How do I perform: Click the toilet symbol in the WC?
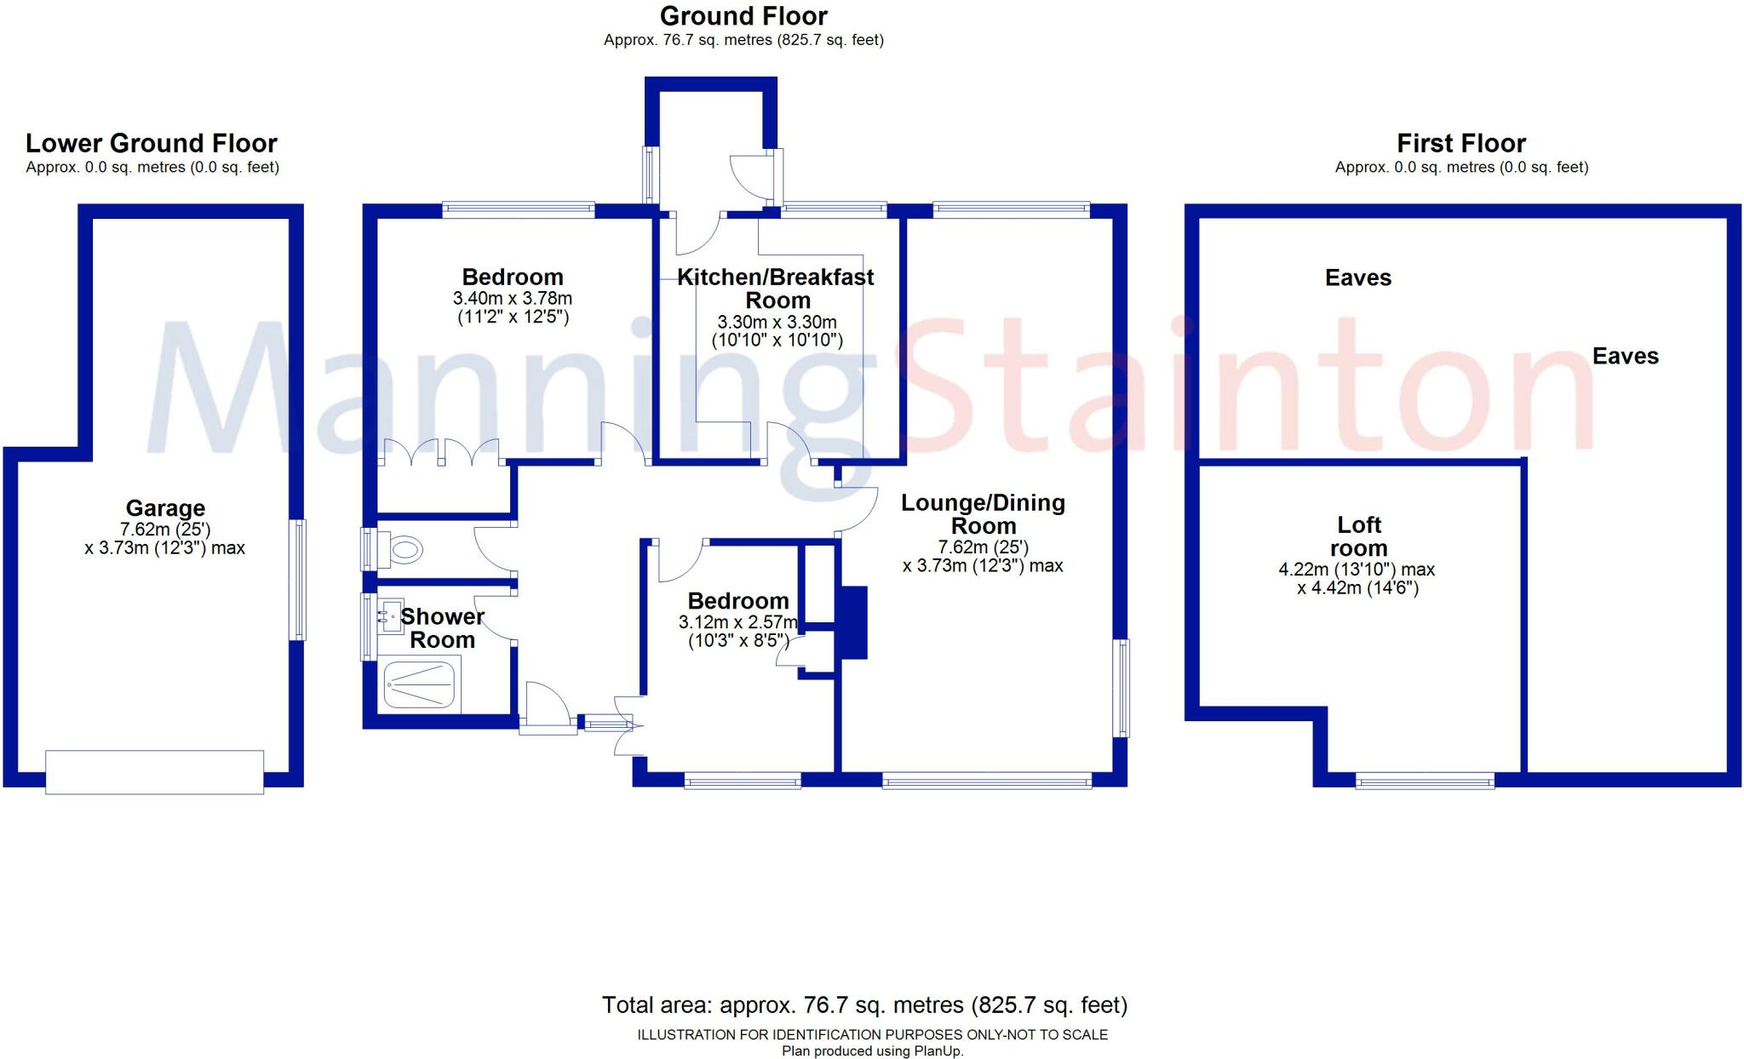tap(402, 550)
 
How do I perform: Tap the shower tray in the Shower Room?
tap(419, 685)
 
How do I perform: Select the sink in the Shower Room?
tap(391, 615)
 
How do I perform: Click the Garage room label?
tap(165, 508)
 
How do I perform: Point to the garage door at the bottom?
tap(154, 772)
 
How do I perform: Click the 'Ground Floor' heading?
tap(743, 16)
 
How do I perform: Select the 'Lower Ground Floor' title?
tap(152, 143)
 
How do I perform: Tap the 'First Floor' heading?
tap(1461, 143)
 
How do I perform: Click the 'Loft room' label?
tap(1359, 536)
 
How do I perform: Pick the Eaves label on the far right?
tap(1625, 356)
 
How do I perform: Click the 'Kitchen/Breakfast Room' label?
tap(776, 289)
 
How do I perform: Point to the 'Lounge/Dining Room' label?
tap(983, 514)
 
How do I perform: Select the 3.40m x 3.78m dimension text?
tap(512, 299)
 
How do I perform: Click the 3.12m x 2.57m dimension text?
tap(738, 622)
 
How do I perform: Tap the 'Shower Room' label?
tap(442, 628)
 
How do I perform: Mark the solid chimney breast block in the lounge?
tap(853, 622)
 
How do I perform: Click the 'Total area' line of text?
tap(864, 1005)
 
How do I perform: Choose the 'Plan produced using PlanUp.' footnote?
tap(873, 1051)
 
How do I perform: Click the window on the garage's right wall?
tap(297, 580)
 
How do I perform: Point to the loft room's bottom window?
tap(1425, 780)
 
